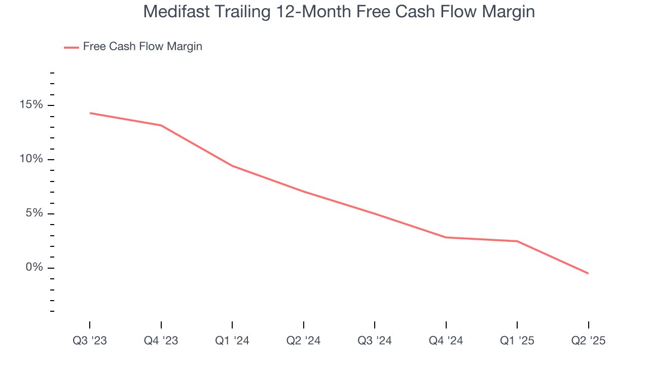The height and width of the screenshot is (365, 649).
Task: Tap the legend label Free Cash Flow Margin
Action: coord(142,47)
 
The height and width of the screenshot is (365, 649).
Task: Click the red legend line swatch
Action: coord(71,47)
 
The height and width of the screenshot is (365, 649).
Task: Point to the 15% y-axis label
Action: coord(31,105)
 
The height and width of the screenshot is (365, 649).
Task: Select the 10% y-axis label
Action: coord(31,159)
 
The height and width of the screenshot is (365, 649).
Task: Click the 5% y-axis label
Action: coord(34,213)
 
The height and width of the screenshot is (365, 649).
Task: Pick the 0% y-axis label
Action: coord(34,268)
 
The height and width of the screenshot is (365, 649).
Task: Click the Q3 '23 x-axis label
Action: coord(90,341)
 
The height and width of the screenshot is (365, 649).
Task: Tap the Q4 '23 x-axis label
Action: coord(161,341)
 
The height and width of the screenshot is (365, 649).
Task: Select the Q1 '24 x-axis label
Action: coord(232,341)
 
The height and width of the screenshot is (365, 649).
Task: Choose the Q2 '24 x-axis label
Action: coord(303,341)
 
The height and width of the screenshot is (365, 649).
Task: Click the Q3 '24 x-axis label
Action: coord(375,341)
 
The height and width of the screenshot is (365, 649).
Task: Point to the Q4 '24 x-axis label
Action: coord(446,341)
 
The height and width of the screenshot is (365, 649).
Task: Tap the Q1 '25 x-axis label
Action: coord(517,341)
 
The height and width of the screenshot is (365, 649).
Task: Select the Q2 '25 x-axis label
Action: coord(588,341)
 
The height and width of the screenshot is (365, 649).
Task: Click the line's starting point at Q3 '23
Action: coord(90,113)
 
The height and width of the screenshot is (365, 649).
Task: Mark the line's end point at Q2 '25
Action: coord(588,274)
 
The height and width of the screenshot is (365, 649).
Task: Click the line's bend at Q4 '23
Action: coord(161,125)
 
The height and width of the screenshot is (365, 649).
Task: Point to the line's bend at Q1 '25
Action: coord(517,241)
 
